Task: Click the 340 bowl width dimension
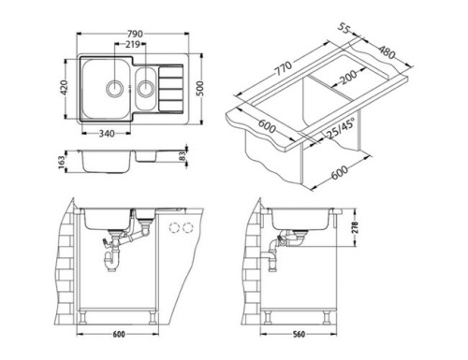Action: pyautogui.click(x=108, y=134)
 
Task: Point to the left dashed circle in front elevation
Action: pyautogui.click(x=174, y=226)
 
